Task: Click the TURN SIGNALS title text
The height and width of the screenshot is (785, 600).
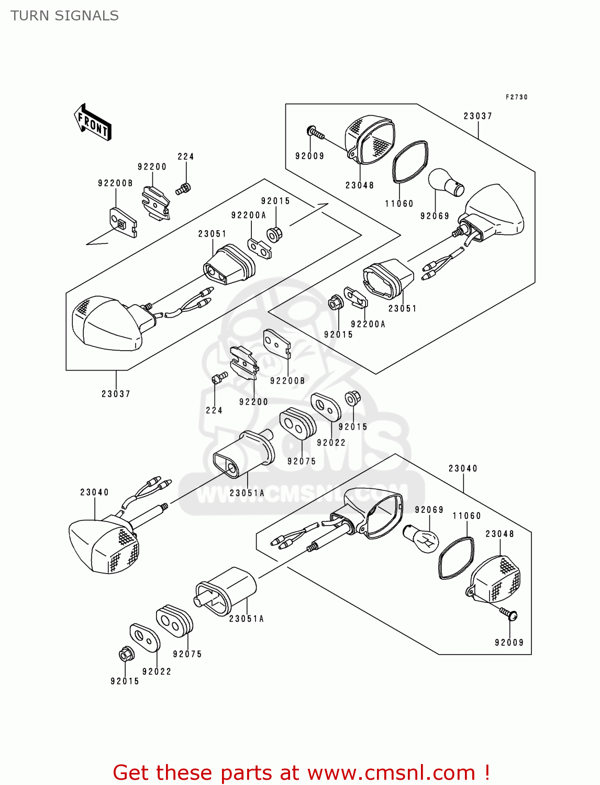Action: pos(64,16)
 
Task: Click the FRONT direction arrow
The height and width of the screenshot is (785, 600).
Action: pos(93,122)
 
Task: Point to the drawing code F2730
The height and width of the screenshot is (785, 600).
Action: pos(516,97)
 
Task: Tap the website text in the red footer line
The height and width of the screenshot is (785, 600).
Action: pos(391,772)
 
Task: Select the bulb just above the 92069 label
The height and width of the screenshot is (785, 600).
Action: pos(446,182)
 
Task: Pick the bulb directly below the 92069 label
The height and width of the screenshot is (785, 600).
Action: pos(421,538)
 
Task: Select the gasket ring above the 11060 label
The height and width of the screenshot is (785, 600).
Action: pos(410,162)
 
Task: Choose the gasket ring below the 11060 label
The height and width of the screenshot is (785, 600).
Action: pos(455,558)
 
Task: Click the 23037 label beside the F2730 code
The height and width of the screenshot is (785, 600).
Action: pos(477,116)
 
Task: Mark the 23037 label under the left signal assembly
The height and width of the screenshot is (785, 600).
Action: pos(116,394)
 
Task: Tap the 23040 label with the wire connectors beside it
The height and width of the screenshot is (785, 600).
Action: pos(94,492)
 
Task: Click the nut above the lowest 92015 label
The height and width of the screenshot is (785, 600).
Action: pos(126,654)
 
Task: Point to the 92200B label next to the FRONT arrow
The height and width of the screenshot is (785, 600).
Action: pos(115,183)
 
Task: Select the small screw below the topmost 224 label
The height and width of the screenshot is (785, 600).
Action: pos(183,188)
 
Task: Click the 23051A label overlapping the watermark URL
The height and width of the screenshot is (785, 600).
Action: pos(247,493)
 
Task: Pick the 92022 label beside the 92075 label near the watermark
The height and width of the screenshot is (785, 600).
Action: pos(331,443)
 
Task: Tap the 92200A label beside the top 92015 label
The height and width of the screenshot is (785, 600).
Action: pos(249,215)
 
